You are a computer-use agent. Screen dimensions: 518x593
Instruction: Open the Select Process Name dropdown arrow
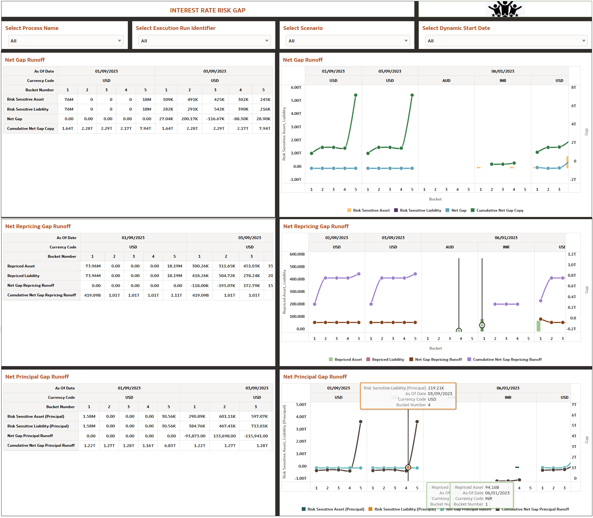[x=119, y=41]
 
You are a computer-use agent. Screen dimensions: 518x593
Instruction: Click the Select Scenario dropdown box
[x=347, y=41]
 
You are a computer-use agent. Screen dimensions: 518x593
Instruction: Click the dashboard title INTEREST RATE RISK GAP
[x=207, y=10]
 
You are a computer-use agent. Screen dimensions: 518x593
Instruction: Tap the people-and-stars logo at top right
[x=505, y=9]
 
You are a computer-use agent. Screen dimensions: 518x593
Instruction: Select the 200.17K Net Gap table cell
[x=189, y=119]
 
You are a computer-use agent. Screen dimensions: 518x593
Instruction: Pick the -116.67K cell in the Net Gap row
[x=215, y=119]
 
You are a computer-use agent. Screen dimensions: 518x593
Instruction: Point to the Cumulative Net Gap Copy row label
[x=31, y=129]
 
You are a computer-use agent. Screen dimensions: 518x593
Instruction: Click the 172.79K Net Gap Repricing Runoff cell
[x=251, y=285]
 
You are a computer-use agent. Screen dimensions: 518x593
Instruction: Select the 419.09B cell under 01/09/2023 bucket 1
[x=92, y=295]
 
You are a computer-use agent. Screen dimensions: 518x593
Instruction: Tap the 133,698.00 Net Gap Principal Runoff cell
[x=225, y=436]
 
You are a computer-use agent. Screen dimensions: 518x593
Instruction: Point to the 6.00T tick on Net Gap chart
[x=296, y=88]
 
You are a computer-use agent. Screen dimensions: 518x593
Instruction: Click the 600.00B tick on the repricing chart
[x=297, y=254]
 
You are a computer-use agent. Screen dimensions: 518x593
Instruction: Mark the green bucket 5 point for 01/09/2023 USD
[x=356, y=95]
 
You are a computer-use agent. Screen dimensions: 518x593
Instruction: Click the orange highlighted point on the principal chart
[x=408, y=467]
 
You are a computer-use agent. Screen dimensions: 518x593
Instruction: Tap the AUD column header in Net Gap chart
[x=446, y=81]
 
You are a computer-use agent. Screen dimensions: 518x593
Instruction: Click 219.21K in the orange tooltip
[x=436, y=388]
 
